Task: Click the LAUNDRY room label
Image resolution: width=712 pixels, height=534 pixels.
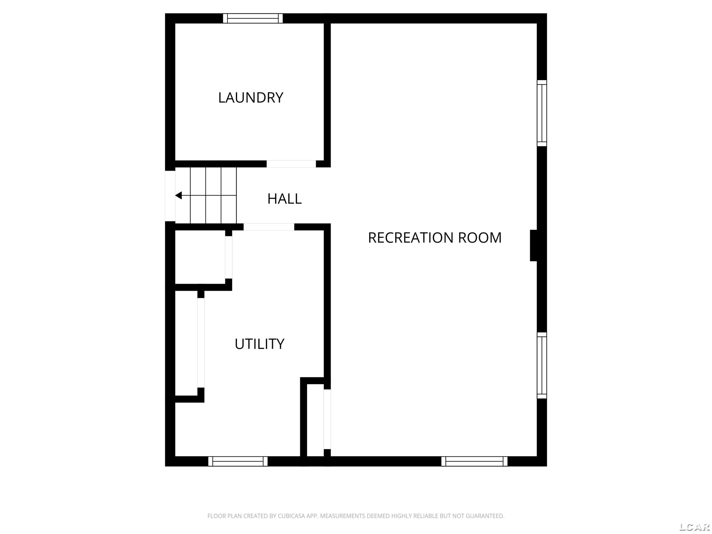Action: (x=251, y=98)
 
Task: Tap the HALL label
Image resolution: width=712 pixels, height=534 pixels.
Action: (x=285, y=199)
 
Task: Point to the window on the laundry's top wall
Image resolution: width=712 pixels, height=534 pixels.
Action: (x=253, y=18)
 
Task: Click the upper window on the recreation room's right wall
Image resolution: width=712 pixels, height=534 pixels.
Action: (x=542, y=113)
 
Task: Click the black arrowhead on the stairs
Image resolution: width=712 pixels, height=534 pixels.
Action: (x=178, y=195)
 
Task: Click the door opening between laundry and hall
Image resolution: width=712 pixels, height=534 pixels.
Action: (x=291, y=164)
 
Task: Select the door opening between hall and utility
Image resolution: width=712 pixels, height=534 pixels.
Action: (x=269, y=227)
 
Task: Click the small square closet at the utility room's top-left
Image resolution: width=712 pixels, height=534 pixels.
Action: (x=200, y=257)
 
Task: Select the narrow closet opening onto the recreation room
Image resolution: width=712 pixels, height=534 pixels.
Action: (x=315, y=420)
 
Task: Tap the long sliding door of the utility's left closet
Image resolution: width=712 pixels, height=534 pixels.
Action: (x=201, y=343)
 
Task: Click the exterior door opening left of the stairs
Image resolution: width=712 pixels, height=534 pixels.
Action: (x=170, y=196)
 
